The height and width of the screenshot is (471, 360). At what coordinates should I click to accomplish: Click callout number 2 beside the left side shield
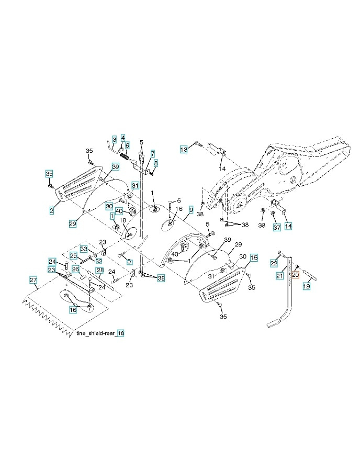tap(52, 210)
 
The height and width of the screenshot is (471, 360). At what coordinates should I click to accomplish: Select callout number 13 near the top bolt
tap(184, 149)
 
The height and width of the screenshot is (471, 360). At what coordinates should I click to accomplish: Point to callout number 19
tap(307, 286)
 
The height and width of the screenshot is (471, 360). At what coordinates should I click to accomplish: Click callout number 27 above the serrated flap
tap(33, 281)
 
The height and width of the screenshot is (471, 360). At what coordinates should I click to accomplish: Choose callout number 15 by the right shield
tap(253, 257)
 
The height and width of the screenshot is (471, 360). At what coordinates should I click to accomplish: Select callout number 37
tap(276, 228)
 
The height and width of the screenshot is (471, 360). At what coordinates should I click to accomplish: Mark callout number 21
tap(280, 276)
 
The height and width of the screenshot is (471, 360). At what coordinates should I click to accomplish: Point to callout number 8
tap(155, 163)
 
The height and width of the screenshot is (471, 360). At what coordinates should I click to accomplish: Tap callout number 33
tap(83, 249)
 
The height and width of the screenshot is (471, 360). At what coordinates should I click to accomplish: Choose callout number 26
tap(75, 269)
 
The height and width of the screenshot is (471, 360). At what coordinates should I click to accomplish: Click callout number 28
tap(99, 270)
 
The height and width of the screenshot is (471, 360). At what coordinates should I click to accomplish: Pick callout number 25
tap(74, 256)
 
